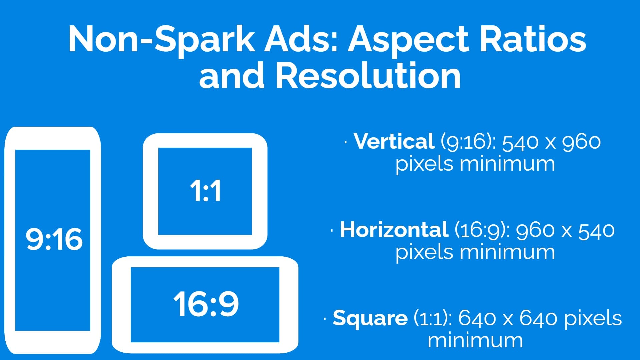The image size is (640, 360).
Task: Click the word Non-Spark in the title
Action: [161, 40]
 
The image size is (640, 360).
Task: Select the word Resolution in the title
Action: [368, 76]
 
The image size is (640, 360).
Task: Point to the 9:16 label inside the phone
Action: [54, 239]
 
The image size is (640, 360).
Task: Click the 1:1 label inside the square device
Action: [205, 191]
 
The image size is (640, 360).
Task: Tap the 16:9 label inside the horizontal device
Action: [206, 303]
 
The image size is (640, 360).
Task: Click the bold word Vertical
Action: [394, 141]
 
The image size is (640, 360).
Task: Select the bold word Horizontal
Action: [394, 230]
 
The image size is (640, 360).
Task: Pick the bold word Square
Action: [370, 318]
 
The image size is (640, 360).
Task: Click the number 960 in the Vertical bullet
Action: [581, 142]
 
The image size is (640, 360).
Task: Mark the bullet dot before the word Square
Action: [325, 319]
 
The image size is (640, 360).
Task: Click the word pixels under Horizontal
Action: [424, 252]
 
